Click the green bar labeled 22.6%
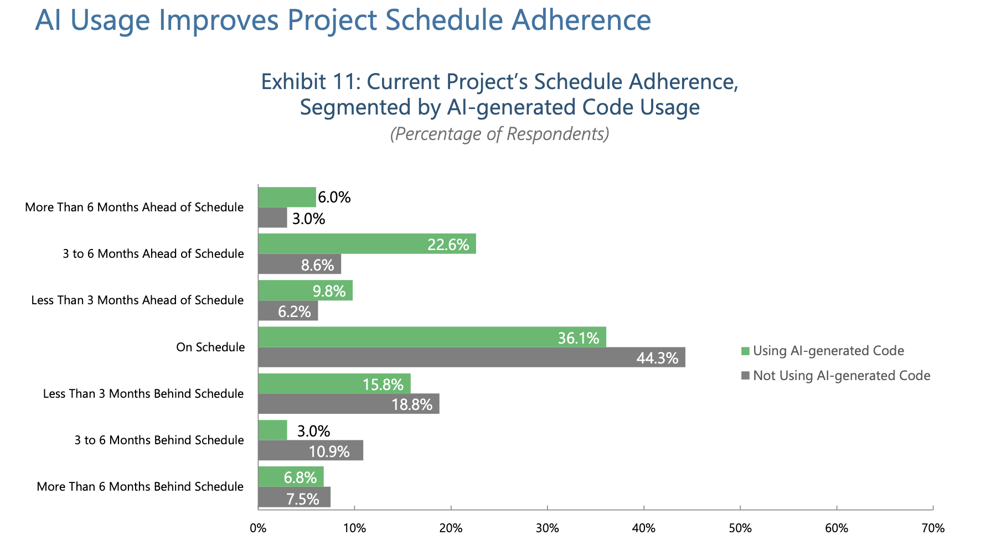click(x=367, y=244)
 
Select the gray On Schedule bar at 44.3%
click(x=471, y=357)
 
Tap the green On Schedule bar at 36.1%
click(x=432, y=337)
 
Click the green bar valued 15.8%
click(x=334, y=383)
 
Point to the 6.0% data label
click(x=334, y=197)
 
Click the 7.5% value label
click(x=303, y=499)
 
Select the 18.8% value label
click(x=412, y=404)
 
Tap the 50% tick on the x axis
click(x=740, y=528)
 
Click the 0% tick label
click(x=258, y=528)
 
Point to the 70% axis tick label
click(x=933, y=528)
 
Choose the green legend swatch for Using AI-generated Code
click(x=745, y=351)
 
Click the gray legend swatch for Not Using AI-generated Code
click(x=745, y=376)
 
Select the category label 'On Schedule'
click(x=210, y=347)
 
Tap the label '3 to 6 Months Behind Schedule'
click(x=159, y=440)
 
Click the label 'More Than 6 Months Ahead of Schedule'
click(x=135, y=207)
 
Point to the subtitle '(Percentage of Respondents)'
click(x=499, y=134)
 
